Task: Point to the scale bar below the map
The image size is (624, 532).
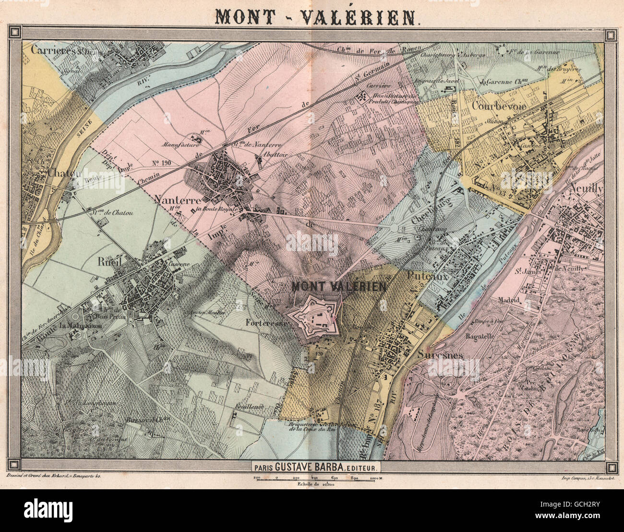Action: point(315,478)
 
